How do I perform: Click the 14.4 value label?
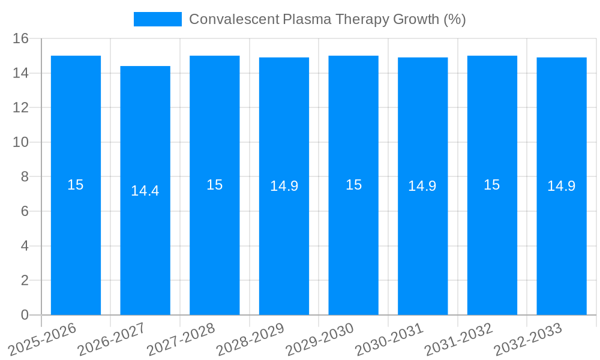tap(145, 191)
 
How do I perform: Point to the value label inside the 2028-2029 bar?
tap(284, 186)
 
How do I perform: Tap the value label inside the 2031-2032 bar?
tap(492, 185)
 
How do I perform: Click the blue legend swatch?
tap(157, 19)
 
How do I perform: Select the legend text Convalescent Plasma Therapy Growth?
tap(327, 19)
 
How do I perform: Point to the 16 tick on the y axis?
tap(21, 38)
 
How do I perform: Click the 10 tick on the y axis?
tap(21, 142)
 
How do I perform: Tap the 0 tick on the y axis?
tap(25, 315)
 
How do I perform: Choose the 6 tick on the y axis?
tap(25, 211)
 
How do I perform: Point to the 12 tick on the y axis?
tap(21, 107)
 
